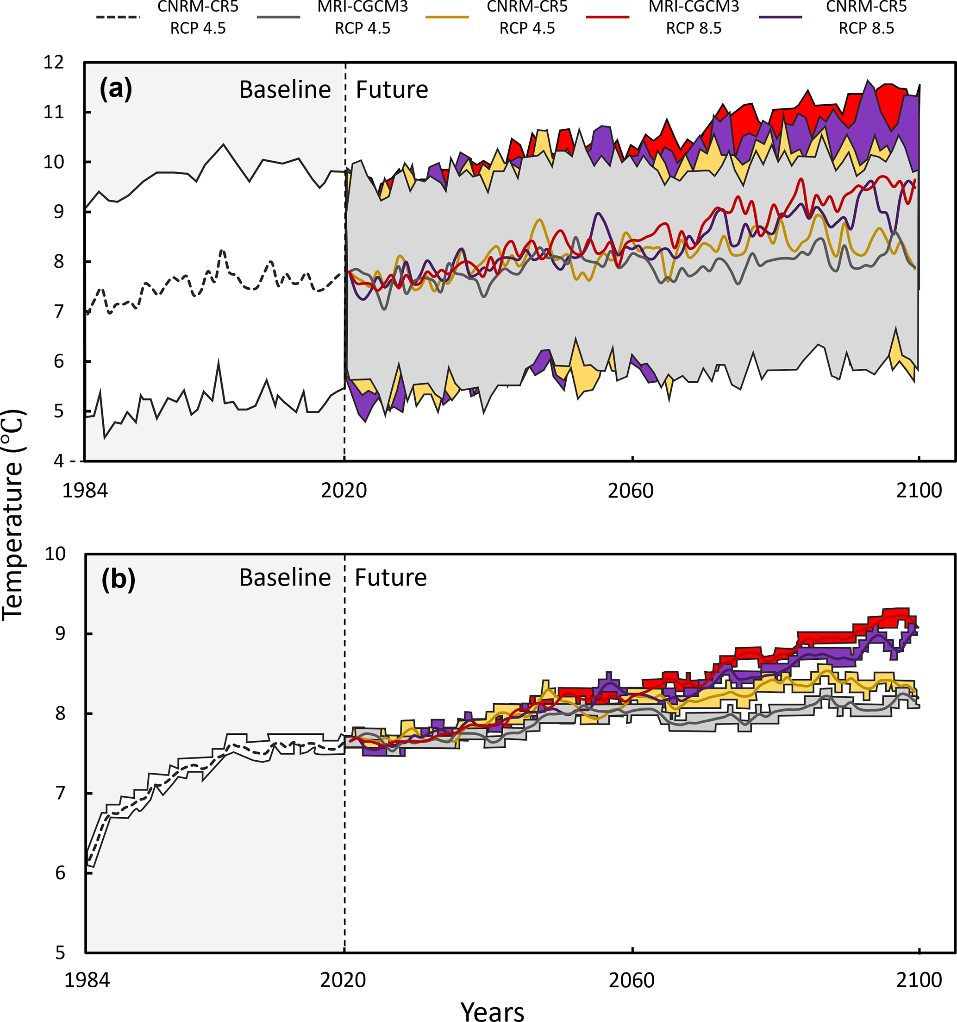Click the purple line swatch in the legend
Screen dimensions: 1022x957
pyautogui.click(x=780, y=17)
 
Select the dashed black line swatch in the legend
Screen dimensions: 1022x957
pyautogui.click(x=118, y=17)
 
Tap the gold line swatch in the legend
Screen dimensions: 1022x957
pyautogui.click(x=447, y=17)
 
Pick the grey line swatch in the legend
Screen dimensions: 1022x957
pyautogui.click(x=278, y=17)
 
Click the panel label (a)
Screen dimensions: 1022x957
pyautogui.click(x=116, y=89)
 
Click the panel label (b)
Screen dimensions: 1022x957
pyautogui.click(x=118, y=580)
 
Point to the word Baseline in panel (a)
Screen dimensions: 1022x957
pyautogui.click(x=285, y=90)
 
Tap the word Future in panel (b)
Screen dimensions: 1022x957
pyautogui.click(x=390, y=578)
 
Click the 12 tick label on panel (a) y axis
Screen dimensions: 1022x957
pyautogui.click(x=54, y=63)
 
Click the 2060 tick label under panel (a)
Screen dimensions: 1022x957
pyautogui.click(x=630, y=491)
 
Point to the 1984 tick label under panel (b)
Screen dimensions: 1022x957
pyautogui.click(x=87, y=980)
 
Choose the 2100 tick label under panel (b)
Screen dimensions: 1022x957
pyautogui.click(x=919, y=980)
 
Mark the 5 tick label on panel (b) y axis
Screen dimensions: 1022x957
pyautogui.click(x=60, y=953)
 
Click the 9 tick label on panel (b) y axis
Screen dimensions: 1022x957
pyautogui.click(x=60, y=633)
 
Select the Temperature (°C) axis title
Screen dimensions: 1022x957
pyautogui.click(x=13, y=514)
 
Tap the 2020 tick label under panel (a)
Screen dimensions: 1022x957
pyautogui.click(x=344, y=491)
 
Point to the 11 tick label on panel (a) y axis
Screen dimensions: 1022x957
pyautogui.click(x=54, y=112)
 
